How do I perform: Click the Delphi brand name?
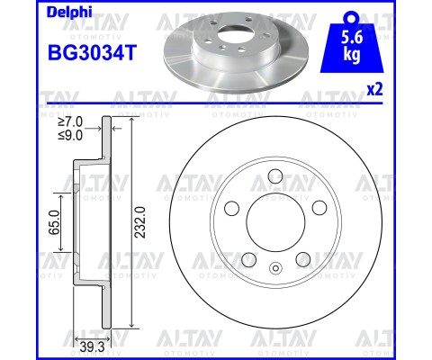click(x=69, y=13)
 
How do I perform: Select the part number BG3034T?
click(x=93, y=53)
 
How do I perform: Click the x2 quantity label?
click(x=375, y=89)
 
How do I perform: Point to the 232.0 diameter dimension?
click(x=140, y=222)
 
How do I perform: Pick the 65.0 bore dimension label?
click(x=54, y=222)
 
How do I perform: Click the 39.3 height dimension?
click(x=92, y=347)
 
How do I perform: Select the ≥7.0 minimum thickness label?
click(x=70, y=122)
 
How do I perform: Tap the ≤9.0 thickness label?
click(x=70, y=136)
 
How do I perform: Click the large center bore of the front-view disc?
click(x=275, y=222)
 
